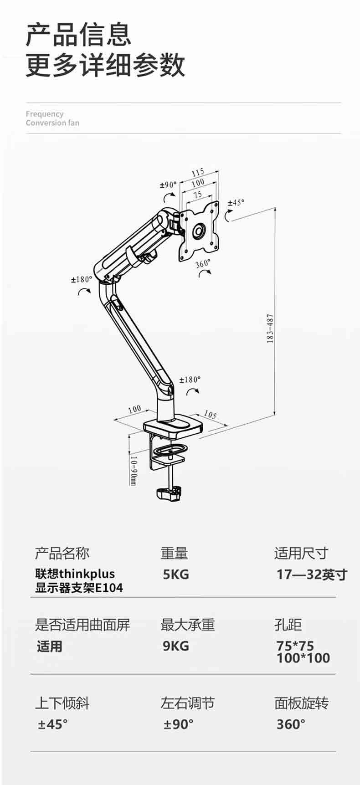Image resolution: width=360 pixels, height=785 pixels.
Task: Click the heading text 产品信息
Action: [x=78, y=35]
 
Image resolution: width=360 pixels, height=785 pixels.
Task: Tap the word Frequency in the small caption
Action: [x=44, y=114]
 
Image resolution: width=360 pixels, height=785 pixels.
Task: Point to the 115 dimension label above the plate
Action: [x=198, y=173]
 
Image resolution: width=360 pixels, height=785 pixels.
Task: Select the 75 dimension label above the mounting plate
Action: [x=197, y=195]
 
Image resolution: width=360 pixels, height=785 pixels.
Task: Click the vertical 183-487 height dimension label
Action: [x=270, y=328]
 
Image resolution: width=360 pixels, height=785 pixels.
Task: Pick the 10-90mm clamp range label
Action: [x=133, y=470]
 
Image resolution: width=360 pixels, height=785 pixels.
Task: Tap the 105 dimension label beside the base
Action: [x=210, y=415]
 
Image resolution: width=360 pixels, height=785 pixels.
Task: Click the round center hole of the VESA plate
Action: [x=199, y=231]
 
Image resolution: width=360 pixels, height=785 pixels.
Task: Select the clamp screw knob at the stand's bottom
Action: [x=169, y=494]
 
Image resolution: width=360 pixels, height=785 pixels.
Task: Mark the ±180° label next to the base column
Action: [x=190, y=380]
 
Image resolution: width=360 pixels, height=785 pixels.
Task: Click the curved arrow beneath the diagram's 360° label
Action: [x=206, y=272]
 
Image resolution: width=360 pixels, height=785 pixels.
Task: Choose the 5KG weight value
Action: [x=176, y=574]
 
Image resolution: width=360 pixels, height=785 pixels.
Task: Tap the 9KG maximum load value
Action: [x=176, y=646]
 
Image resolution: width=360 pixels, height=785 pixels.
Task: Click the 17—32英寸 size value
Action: [x=312, y=574]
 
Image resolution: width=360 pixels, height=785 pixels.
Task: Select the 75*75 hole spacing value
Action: [x=295, y=646]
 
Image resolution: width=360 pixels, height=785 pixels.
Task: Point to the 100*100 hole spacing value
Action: [x=303, y=658]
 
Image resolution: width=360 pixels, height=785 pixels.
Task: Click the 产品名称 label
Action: [x=62, y=553]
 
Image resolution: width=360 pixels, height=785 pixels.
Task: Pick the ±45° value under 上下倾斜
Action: [x=53, y=724]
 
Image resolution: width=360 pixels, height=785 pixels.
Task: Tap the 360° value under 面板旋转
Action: [x=291, y=724]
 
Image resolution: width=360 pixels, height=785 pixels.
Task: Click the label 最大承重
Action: [x=187, y=625]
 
